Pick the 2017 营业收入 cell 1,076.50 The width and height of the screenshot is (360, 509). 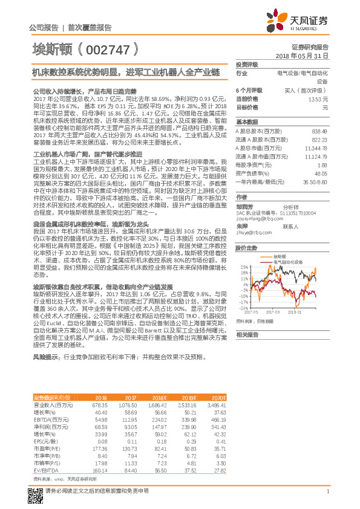pyautogui.click(x=126, y=404)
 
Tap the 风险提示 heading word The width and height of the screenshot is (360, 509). pyautogui.click(x=45, y=357)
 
